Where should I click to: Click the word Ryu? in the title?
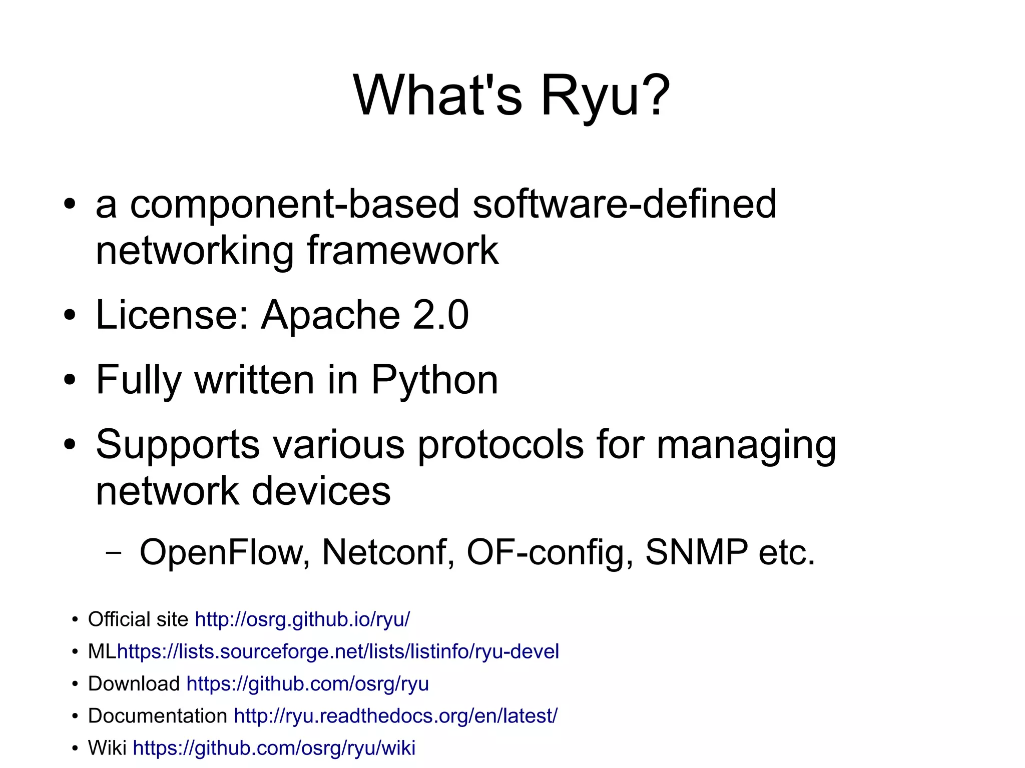[605, 95]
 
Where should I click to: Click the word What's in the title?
[438, 95]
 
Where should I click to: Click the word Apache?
[330, 315]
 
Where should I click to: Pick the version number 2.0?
[440, 315]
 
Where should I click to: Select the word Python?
[434, 380]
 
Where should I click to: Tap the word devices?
[321, 491]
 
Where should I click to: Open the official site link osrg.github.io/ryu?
[302, 619]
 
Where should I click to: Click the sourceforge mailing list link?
[338, 651]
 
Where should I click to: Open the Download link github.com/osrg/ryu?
[307, 683]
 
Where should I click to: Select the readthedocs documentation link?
[395, 715]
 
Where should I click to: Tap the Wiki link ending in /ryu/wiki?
[274, 748]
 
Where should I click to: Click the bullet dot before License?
[70, 316]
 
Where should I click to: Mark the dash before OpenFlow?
[114, 553]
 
